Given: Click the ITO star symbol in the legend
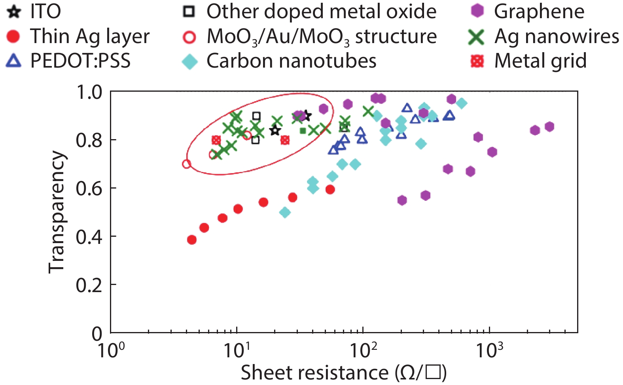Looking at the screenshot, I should tap(14, 11).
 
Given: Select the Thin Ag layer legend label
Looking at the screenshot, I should tap(90, 36).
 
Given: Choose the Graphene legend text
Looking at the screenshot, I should tap(539, 11).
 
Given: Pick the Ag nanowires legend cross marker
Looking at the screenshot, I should tap(476, 37).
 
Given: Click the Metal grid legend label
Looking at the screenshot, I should tap(540, 61).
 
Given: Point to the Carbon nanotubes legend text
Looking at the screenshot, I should tap(291, 61).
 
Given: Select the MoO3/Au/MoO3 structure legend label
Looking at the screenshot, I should tap(322, 37).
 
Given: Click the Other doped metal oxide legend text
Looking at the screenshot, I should tap(321, 11).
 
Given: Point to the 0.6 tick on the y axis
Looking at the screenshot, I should tap(89, 188).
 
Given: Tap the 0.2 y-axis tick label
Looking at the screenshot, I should tap(89, 285).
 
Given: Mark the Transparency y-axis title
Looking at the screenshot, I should tap(56, 212).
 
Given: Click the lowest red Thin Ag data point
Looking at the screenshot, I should tap(192, 240).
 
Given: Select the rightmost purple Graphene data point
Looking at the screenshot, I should tap(549, 126).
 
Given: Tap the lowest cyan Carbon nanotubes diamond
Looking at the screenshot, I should tap(285, 213).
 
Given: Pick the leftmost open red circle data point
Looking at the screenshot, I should tap(187, 164).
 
